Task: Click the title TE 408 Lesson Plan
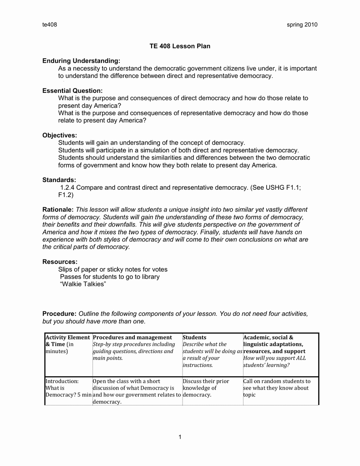pos(180,46)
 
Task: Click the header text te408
pos(50,25)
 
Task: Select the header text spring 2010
pos(302,25)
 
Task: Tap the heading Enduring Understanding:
pos(81,61)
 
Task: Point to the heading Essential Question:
pos(72,91)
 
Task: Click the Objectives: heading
pos(60,135)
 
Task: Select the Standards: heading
pos(59,180)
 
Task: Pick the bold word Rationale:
pos(58,209)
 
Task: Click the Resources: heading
pos(60,262)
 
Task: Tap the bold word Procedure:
pos(59,314)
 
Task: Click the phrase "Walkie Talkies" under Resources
pos(83,284)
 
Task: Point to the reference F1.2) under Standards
pos(66,195)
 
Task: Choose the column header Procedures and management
pos(132,338)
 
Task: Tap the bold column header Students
pos(194,338)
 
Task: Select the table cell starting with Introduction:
pos(68,388)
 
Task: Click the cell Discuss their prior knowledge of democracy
pos(206,388)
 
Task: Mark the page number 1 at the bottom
pos(180,437)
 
